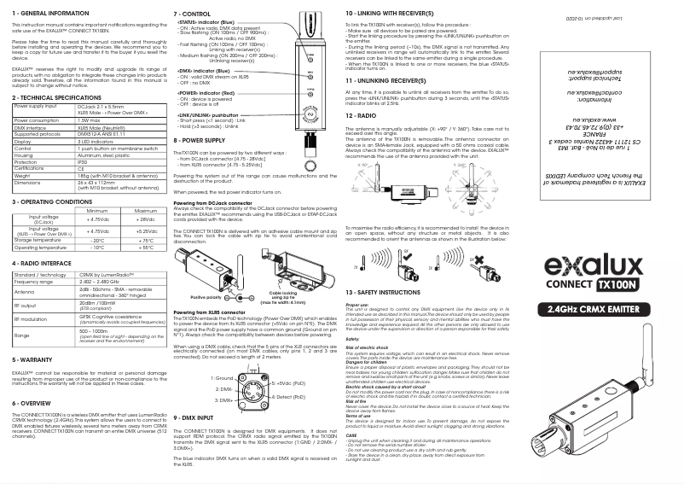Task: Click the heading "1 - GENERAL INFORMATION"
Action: click(49, 15)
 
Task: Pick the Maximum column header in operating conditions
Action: click(145, 210)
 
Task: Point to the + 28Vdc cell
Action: click(145, 219)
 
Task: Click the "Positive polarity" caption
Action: click(209, 272)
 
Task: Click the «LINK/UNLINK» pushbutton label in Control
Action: click(208, 114)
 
